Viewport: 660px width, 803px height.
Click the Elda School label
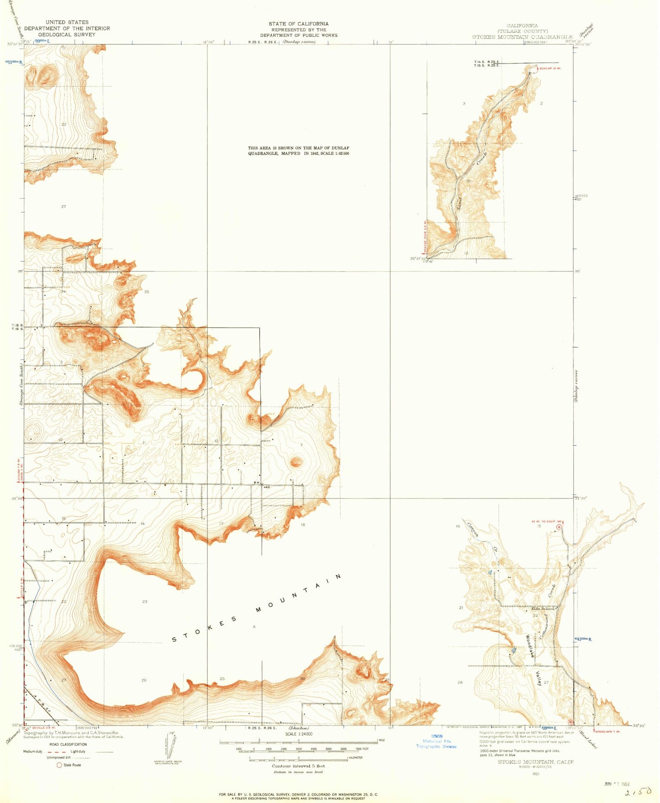[543, 608]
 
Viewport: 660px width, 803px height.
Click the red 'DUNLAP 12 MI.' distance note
[550, 68]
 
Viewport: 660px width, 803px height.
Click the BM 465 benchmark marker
[260, 485]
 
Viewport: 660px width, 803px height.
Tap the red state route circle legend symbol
[59, 765]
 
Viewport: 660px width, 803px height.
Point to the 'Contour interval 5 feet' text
[298, 766]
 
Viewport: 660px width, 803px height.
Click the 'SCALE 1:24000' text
[299, 734]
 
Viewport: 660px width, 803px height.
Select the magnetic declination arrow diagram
[171, 747]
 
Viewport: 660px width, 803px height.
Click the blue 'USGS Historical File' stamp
[436, 741]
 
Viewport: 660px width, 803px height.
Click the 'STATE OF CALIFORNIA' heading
[298, 24]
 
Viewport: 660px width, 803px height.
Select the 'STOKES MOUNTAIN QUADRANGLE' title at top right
[523, 37]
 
